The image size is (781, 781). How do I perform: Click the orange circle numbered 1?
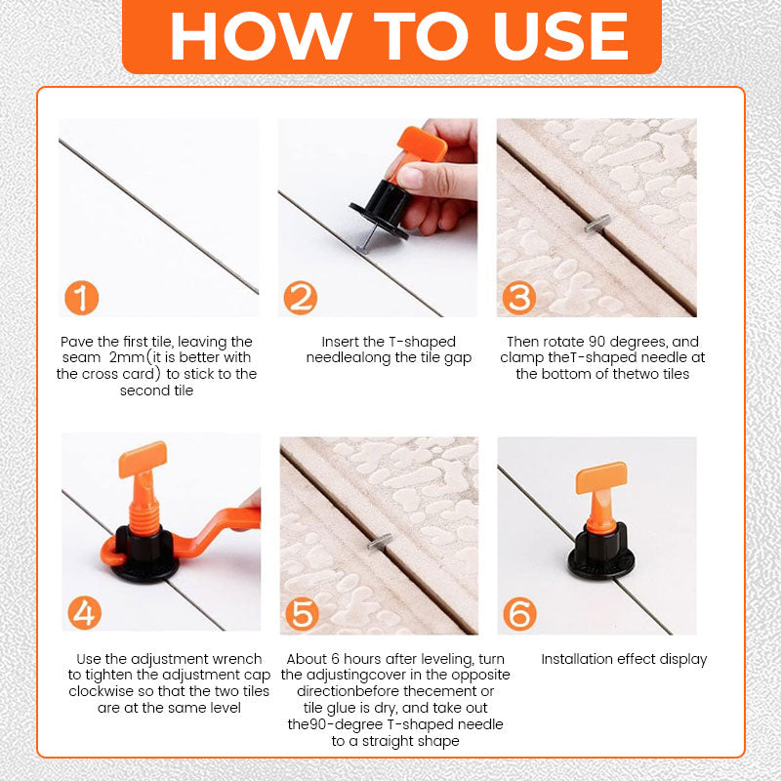coord(82,297)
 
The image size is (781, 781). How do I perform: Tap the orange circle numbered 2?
coord(301,297)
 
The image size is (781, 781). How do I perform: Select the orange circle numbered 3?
coord(519,297)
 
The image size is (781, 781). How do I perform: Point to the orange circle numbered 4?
coord(85,613)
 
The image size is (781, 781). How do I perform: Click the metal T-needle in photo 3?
coord(597,224)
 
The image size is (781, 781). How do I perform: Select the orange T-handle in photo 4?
coord(143,459)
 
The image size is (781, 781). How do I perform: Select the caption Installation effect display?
coord(624,659)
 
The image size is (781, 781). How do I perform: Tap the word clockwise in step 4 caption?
coord(103,691)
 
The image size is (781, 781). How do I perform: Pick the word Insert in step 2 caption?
coord(343,342)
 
